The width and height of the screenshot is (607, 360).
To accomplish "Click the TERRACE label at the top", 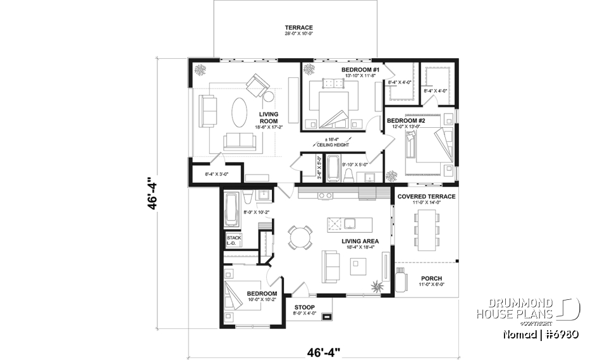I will click(x=298, y=28).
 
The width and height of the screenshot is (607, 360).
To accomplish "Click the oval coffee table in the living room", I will click(x=240, y=115).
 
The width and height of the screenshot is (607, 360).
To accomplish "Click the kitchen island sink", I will click(x=334, y=224).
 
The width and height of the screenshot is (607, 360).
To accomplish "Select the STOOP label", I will click(x=305, y=307).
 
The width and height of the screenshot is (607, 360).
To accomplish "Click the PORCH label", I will click(x=431, y=278).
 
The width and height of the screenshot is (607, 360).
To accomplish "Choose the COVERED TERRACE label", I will click(x=426, y=197).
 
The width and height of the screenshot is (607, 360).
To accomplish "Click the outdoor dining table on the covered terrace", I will click(x=425, y=228).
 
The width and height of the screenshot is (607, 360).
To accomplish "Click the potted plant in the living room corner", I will click(x=200, y=69).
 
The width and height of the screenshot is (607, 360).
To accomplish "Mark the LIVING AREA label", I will click(x=360, y=241).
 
